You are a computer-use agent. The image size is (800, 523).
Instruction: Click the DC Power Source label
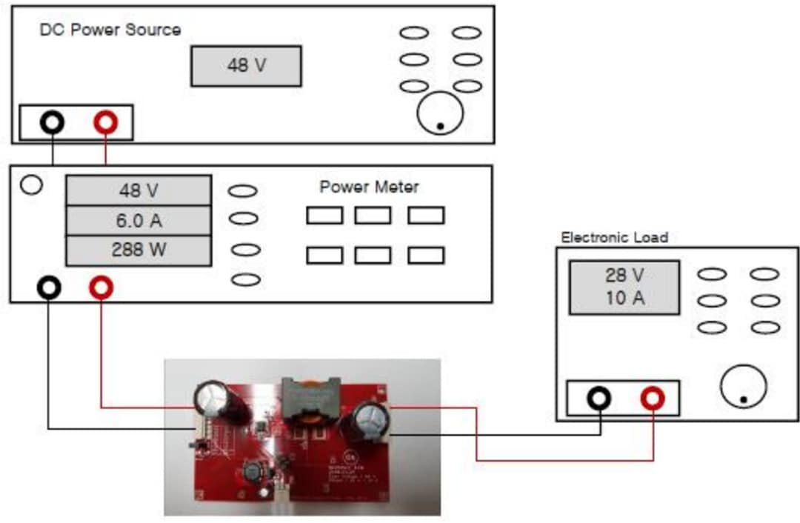coord(110,30)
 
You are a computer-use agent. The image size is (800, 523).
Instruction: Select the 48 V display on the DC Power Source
coord(246,65)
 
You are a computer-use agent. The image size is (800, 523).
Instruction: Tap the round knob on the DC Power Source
coord(440,113)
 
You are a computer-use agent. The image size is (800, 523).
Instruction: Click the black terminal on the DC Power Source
coord(53,123)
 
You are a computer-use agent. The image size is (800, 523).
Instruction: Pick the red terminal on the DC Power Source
coord(106,123)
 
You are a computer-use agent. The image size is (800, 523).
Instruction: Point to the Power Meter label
coord(369,187)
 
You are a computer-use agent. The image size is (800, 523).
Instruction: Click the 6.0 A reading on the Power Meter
coord(139,221)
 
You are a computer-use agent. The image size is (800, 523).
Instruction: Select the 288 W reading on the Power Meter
coord(139,250)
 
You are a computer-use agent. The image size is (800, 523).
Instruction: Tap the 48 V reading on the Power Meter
coord(139,191)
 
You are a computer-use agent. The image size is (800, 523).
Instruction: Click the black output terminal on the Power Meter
coord(49,287)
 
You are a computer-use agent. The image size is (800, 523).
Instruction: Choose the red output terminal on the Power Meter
coord(101,287)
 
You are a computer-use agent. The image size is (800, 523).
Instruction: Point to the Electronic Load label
coord(614,238)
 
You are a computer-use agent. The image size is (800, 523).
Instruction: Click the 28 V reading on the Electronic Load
coord(624,276)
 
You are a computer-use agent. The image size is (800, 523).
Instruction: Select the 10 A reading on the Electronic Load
coord(624,299)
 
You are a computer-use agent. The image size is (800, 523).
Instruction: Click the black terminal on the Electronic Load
coord(599,399)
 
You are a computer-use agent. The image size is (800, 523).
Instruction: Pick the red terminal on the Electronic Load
coord(653,399)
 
